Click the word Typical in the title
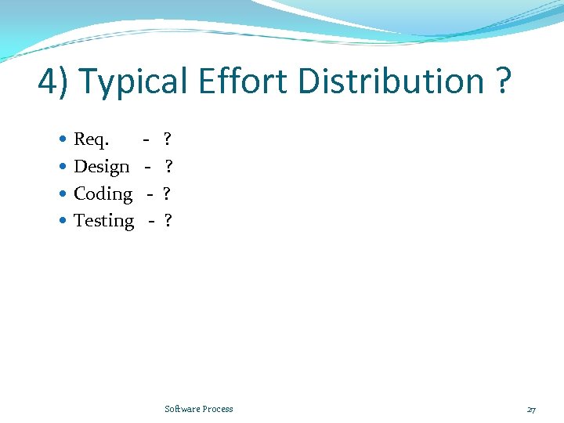point(133,81)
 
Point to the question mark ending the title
point(504,81)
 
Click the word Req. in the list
point(92,140)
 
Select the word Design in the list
point(101,167)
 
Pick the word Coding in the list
point(103,193)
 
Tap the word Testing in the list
point(103,221)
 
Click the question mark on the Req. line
point(167,140)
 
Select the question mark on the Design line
point(168,167)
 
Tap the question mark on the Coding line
point(167,193)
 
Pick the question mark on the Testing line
point(168,221)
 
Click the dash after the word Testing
point(151,222)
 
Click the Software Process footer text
point(199,409)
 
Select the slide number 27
point(531,410)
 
